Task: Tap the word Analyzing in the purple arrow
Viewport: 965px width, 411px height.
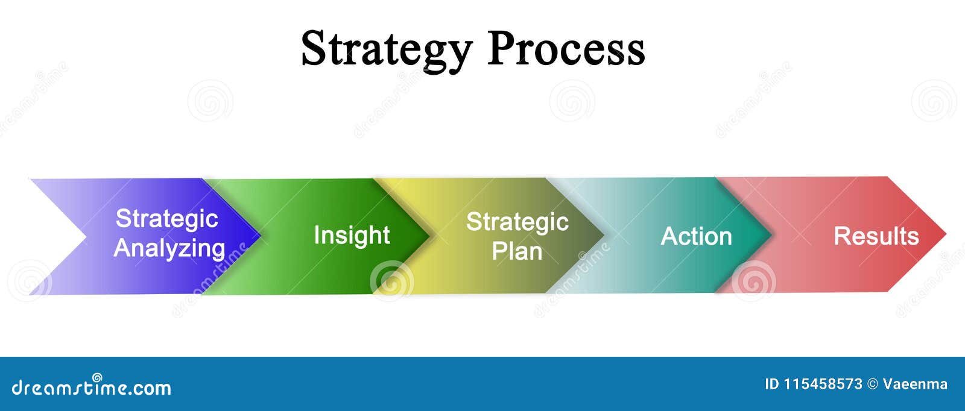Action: [x=169, y=249]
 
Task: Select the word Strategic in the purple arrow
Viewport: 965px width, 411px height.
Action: [x=166, y=219]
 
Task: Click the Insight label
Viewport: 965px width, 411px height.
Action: [x=352, y=236]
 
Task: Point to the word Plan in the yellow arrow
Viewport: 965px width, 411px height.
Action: [x=517, y=251]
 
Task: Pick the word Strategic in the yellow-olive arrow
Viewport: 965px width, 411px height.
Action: [x=517, y=222]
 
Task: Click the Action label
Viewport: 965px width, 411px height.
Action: [x=696, y=236]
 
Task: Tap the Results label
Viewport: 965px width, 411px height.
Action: [x=876, y=236]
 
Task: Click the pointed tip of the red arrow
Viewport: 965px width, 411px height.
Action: [x=946, y=234]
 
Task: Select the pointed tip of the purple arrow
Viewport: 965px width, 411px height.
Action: [x=261, y=236]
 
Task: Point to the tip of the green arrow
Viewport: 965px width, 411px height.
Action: [x=430, y=236]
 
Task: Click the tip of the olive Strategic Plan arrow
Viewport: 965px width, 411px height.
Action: [x=604, y=235]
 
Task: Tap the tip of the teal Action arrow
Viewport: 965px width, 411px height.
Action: [x=771, y=234]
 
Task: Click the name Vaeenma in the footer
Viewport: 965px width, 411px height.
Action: [x=915, y=384]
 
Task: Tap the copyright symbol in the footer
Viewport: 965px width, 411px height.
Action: [x=872, y=384]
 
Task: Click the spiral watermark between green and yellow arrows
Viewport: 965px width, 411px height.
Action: [x=391, y=281]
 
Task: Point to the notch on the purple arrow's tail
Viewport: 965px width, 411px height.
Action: [x=87, y=236]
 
